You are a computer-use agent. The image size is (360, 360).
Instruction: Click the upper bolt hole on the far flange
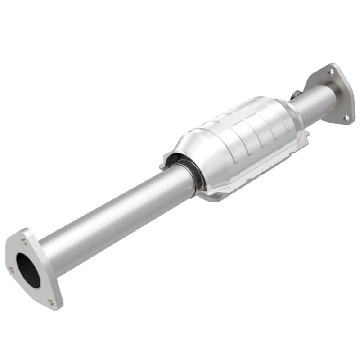tap(331, 72)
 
